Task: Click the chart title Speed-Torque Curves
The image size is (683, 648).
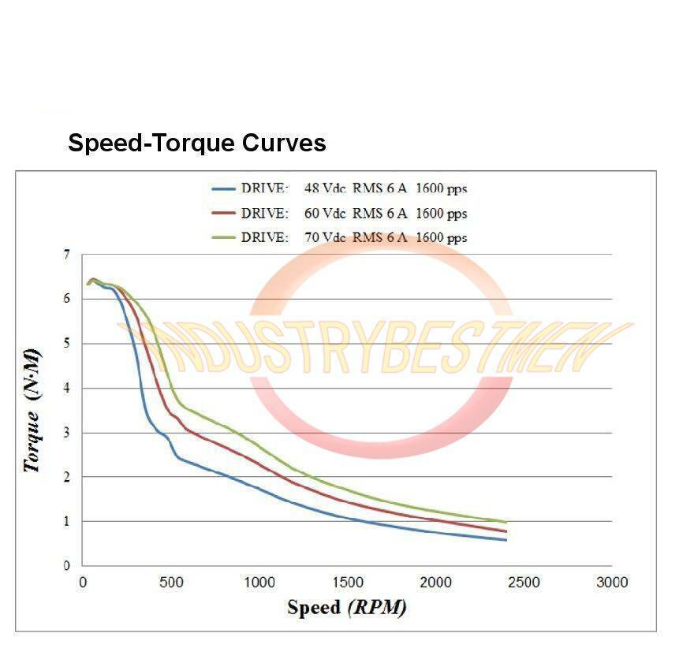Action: [x=197, y=143]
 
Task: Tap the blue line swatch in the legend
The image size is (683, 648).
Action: [x=224, y=189]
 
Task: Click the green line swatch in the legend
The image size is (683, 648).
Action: [x=224, y=237]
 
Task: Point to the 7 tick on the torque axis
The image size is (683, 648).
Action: [x=67, y=255]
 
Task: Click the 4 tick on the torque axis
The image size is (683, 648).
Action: [x=67, y=388]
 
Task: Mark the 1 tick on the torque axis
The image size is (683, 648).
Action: [x=67, y=521]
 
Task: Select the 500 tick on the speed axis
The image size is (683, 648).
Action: [x=171, y=583]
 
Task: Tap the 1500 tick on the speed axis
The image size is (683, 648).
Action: [x=348, y=583]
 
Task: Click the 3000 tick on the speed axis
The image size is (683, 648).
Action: [x=611, y=583]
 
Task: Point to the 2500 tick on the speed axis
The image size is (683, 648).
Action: [x=524, y=583]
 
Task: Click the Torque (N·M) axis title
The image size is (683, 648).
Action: [x=32, y=409]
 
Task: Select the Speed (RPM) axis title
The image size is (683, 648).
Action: [x=347, y=607]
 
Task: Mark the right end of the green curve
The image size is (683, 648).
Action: [x=506, y=522]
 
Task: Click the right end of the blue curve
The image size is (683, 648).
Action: [x=506, y=540]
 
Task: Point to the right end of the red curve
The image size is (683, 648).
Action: [x=506, y=531]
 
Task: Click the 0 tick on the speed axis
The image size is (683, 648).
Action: [x=84, y=583]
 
